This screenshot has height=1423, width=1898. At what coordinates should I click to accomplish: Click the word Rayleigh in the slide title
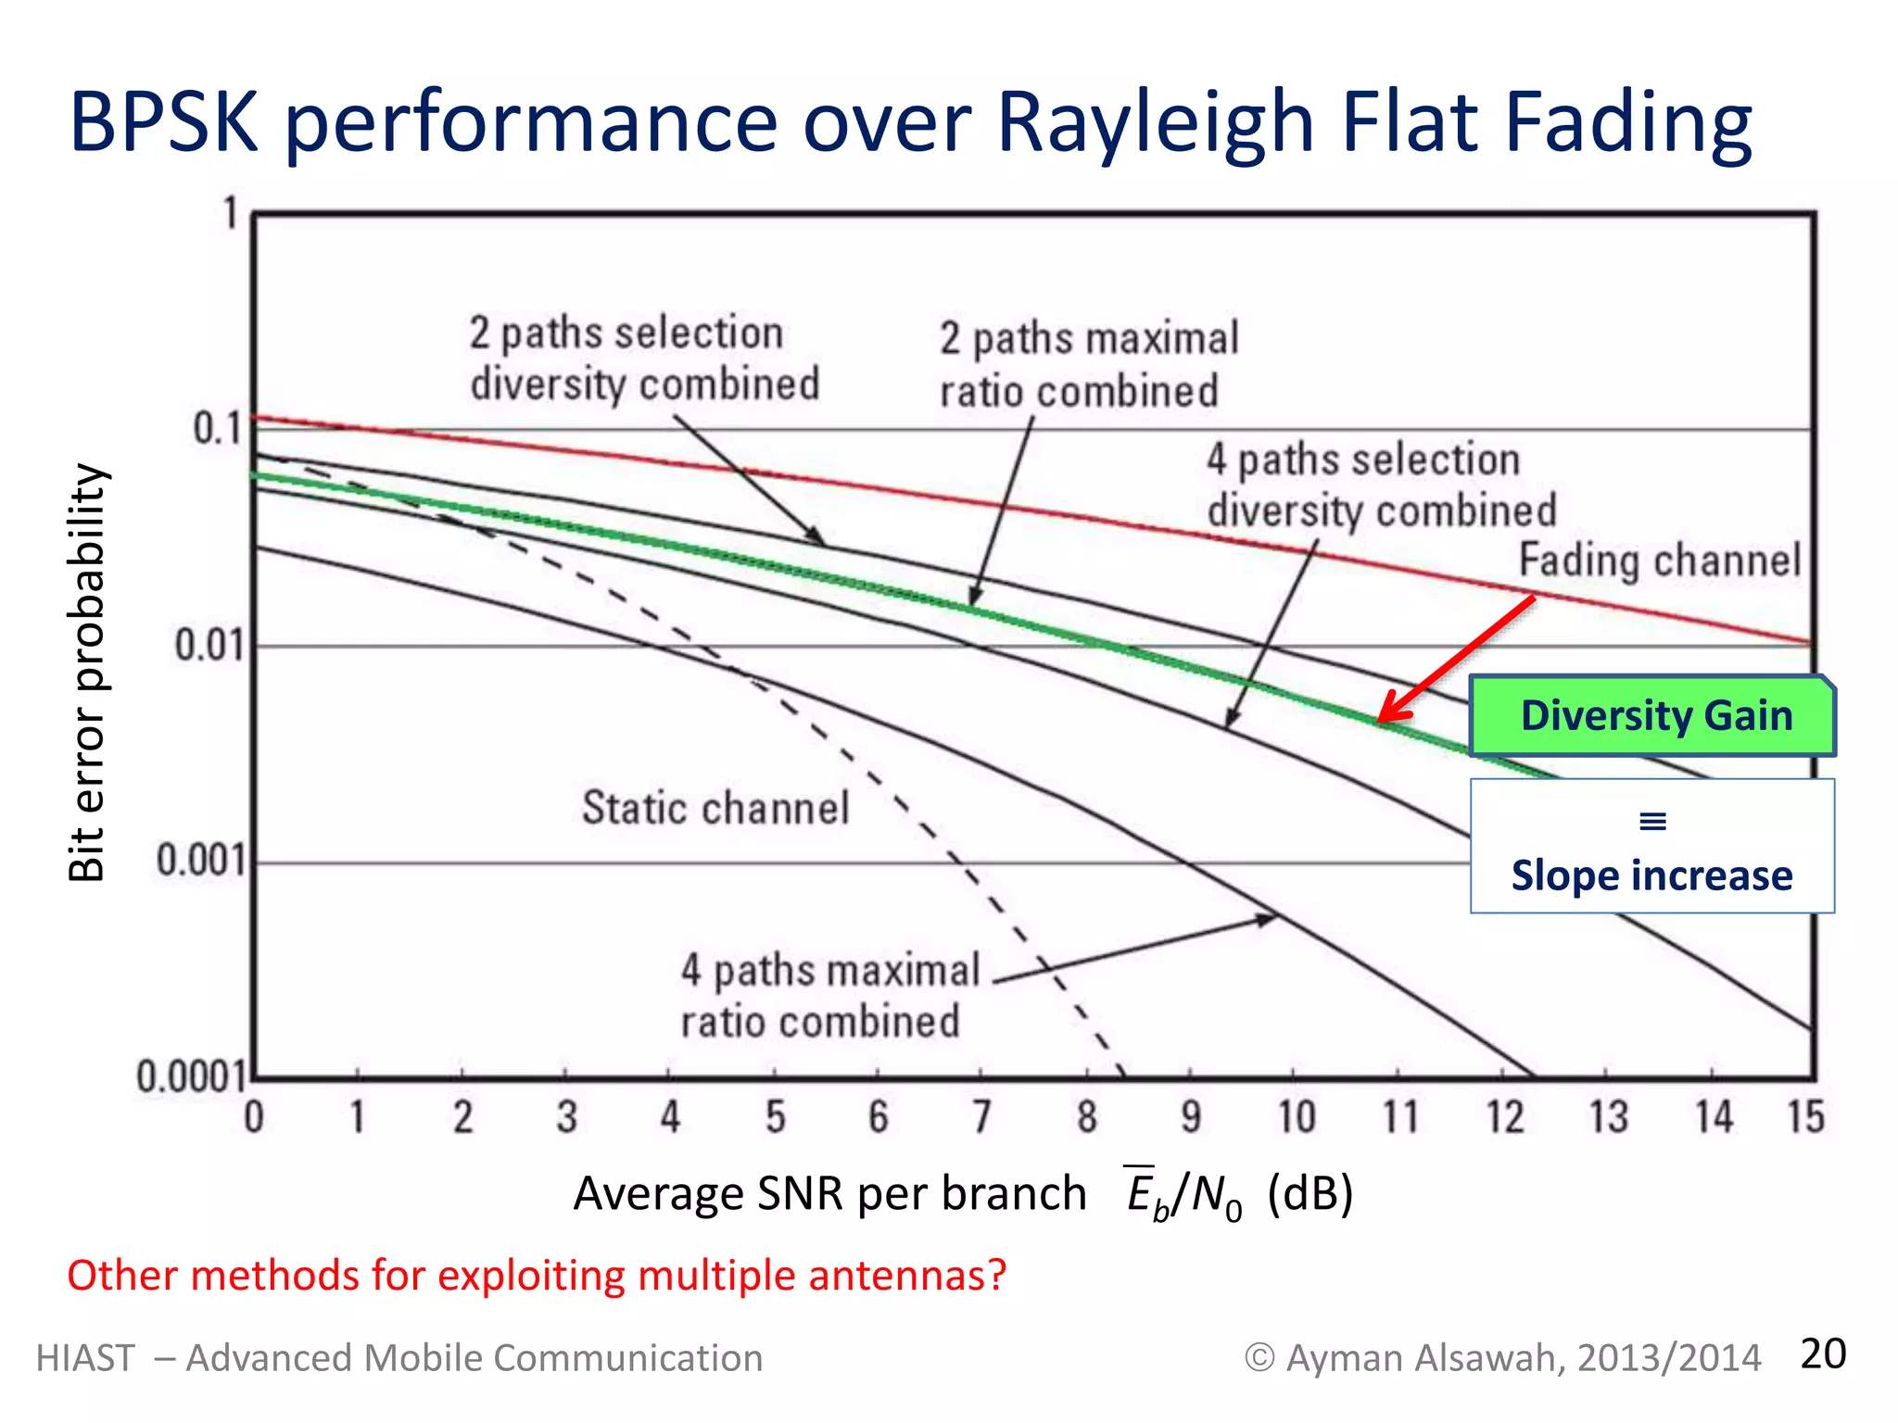[1155, 123]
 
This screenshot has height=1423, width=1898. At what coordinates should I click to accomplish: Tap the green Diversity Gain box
[1652, 716]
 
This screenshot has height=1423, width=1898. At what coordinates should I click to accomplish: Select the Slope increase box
[1651, 847]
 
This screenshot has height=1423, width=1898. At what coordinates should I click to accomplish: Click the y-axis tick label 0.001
[201, 861]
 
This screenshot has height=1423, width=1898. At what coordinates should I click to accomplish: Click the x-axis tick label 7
[981, 1117]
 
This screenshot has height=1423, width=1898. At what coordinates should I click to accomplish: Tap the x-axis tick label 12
[1504, 1117]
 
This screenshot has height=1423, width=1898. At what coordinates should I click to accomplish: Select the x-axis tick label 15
[1805, 1117]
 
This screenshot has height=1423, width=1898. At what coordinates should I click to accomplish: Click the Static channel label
[715, 808]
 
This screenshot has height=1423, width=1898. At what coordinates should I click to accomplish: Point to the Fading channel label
[1659, 561]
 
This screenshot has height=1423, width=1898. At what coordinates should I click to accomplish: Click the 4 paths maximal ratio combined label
[829, 996]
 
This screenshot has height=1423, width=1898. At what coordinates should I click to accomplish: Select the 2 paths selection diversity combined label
[644, 359]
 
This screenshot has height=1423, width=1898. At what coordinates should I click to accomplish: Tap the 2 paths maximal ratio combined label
[1088, 364]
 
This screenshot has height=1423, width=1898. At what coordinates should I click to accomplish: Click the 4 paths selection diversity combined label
[1381, 485]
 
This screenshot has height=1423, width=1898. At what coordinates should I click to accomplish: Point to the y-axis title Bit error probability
[88, 673]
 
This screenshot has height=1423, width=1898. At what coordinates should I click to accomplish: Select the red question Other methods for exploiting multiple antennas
[537, 1276]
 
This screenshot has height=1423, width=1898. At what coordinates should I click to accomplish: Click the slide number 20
[1822, 1354]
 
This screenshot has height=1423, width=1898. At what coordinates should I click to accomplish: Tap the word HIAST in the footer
[85, 1358]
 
